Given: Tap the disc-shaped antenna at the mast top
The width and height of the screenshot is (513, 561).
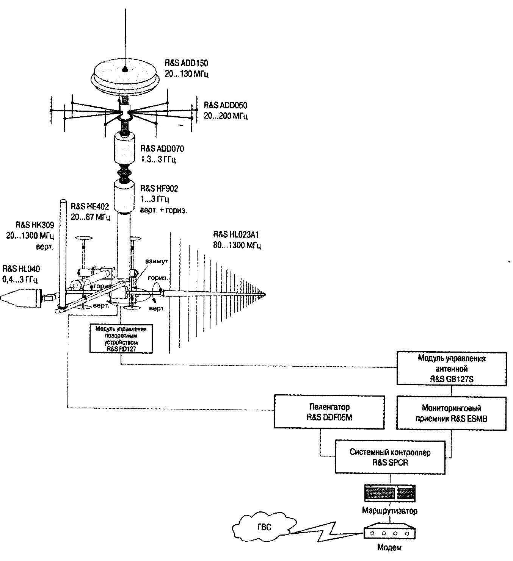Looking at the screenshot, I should click(125, 76).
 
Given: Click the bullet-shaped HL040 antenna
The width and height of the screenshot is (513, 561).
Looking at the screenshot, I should click(21, 297).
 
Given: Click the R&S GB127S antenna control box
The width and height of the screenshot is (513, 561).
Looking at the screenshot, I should click(451, 369).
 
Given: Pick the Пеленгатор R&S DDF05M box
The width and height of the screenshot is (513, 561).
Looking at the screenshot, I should click(329, 412).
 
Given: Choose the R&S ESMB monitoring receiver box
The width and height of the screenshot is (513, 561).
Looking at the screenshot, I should click(451, 413).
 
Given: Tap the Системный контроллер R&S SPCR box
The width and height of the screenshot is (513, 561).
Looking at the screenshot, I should click(390, 457).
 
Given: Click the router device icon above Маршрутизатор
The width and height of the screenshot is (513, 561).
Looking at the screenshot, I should click(389, 493).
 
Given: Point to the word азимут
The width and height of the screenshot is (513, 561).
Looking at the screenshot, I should click(157, 261).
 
